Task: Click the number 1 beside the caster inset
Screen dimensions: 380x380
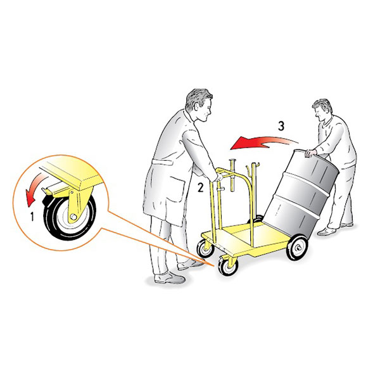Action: coord(32,217)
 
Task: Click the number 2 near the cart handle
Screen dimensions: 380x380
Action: coord(200,187)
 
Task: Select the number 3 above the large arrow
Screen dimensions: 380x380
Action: coord(281,126)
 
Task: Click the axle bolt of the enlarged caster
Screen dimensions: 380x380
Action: coord(73,217)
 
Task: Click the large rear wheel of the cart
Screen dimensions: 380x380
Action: coord(297,247)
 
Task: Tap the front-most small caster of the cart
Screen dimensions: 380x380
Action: coord(227,266)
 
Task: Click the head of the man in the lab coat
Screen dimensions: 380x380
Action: coord(199,105)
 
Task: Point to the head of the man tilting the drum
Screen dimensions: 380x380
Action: coord(322,111)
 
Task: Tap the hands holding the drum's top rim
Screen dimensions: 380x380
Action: coord(311,153)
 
